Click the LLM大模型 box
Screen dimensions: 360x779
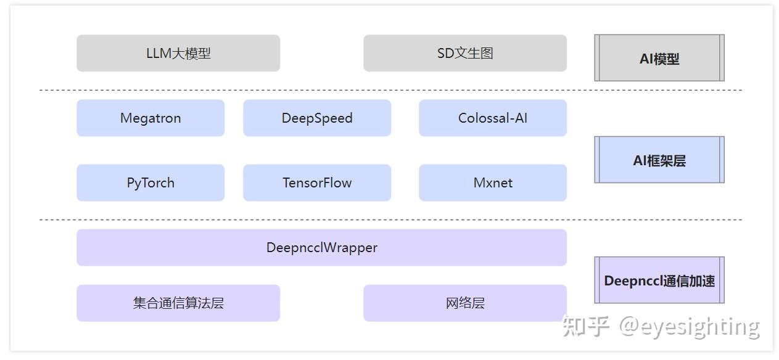[178, 53]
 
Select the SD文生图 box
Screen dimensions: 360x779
[464, 53]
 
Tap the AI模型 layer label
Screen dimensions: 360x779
[659, 59]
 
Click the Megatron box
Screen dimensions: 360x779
[150, 118]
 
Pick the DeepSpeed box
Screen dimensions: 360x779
[317, 118]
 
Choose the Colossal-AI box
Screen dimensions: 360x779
[492, 118]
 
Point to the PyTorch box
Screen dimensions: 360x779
[150, 182]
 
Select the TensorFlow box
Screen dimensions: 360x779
[317, 182]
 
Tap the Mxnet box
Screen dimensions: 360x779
[492, 182]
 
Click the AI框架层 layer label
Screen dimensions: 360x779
[659, 160]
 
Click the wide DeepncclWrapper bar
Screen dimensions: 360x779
[321, 247]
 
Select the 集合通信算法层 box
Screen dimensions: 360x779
[178, 303]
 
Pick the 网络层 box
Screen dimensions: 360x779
[464, 303]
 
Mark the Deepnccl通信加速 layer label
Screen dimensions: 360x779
[659, 280]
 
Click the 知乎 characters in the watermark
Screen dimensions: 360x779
[585, 327]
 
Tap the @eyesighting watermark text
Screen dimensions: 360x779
[689, 327]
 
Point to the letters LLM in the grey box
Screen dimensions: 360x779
[159, 54]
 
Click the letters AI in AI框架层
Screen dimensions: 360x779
[640, 161]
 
